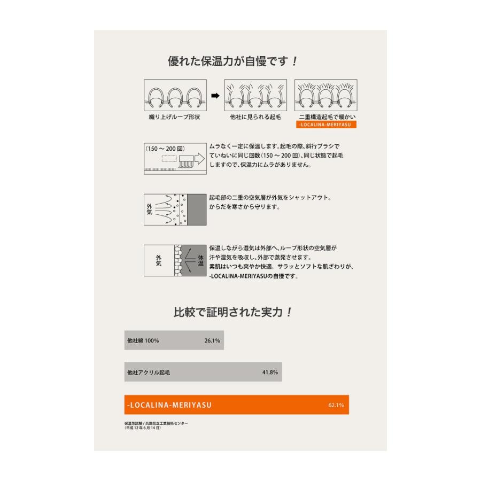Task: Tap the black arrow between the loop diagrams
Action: (x=215, y=96)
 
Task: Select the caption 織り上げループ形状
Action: (x=175, y=117)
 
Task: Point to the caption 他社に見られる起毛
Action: (x=255, y=117)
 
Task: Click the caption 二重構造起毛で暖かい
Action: (x=325, y=117)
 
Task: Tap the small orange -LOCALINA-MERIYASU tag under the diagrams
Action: (x=325, y=125)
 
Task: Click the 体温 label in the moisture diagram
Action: (x=201, y=261)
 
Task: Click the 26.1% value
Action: (x=212, y=340)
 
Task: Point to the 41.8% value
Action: (x=270, y=372)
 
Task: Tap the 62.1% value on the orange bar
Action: (x=336, y=405)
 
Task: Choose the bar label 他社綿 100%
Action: (x=143, y=340)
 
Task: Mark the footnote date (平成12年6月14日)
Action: (x=142, y=428)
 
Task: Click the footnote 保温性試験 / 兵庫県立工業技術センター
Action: (x=156, y=423)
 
